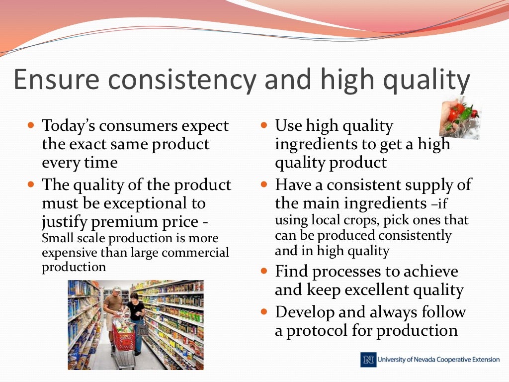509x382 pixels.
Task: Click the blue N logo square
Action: [368, 360]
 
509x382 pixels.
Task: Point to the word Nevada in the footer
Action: [424, 360]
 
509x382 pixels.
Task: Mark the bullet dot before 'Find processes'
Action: [264, 272]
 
